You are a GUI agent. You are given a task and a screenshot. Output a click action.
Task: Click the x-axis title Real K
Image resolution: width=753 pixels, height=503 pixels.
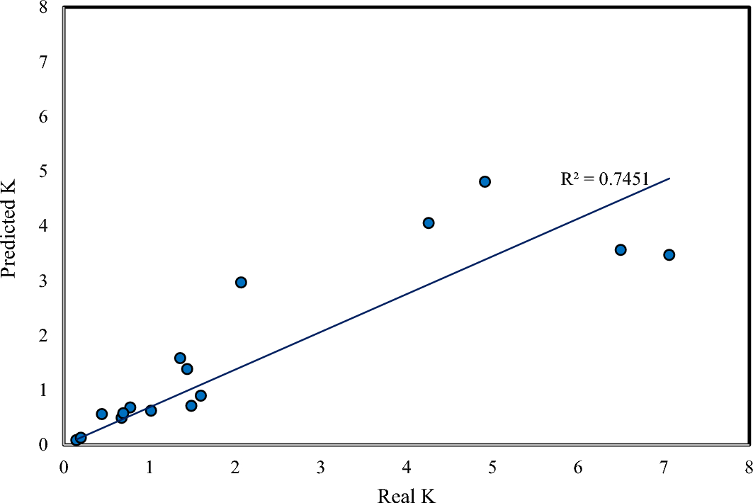[407, 494]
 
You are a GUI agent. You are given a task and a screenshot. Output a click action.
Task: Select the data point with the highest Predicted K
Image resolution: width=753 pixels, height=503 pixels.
[485, 181]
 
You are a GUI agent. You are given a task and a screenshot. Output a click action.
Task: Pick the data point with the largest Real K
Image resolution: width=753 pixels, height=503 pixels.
[669, 254]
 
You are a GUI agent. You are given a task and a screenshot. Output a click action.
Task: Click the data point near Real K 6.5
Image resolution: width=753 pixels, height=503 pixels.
[621, 249]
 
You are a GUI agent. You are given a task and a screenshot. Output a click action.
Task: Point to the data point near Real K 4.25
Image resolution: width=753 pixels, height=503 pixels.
[428, 222]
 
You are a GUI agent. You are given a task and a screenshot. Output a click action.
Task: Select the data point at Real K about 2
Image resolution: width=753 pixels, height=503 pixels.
[241, 282]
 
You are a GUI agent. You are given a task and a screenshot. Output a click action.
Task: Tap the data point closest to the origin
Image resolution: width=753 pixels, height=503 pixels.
[76, 440]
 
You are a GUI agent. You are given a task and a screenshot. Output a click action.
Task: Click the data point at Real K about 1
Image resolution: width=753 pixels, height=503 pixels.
[151, 410]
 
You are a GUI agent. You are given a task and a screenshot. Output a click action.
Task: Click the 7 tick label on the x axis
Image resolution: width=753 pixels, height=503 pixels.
[664, 468]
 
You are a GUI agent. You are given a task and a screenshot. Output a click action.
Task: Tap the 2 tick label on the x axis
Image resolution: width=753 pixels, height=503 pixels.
[235, 468]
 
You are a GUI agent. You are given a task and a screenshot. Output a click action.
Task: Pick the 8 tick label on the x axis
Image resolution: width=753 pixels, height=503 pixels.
[749, 468]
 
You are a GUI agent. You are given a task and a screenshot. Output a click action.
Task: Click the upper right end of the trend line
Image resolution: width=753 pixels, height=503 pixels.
[669, 178]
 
